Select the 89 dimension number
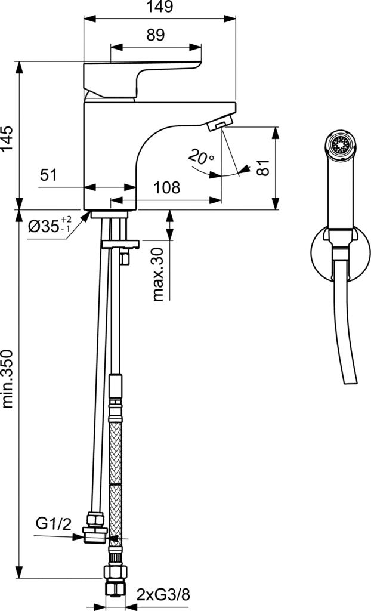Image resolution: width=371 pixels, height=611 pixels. [x=156, y=35]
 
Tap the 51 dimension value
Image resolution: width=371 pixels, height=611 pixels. [x=49, y=175]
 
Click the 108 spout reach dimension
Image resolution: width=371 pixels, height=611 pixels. [x=167, y=188]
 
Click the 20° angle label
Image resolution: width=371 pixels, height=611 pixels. [x=201, y=158]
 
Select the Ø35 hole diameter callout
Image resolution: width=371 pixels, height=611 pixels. [x=50, y=226]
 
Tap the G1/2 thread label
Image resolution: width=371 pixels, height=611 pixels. [x=54, y=524]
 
